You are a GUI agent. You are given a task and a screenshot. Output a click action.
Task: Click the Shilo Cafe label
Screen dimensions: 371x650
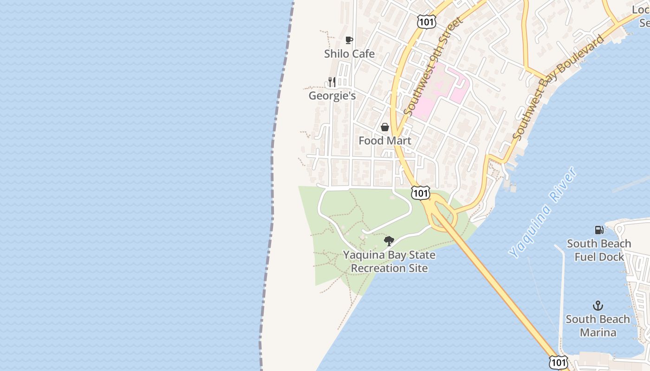pos(349,54)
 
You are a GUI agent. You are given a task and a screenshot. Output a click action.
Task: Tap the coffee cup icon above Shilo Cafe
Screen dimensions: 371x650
pos(349,40)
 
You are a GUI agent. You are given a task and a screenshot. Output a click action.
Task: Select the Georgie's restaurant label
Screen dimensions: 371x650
pos(332,96)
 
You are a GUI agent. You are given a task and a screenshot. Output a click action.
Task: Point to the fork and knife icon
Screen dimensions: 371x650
pos(331,82)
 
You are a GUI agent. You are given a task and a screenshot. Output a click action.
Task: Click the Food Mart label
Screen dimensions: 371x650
pos(385,141)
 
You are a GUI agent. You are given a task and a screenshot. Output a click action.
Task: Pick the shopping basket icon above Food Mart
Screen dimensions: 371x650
pos(385,127)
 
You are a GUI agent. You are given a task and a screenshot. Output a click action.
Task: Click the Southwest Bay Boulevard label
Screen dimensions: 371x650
pos(559,87)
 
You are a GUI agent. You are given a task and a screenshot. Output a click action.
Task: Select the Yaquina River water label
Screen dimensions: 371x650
pos(543,212)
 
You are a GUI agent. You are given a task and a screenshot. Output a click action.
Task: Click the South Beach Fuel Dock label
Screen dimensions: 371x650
pos(598,250)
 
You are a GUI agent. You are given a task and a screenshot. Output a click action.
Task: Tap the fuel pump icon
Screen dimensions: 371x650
pos(599,230)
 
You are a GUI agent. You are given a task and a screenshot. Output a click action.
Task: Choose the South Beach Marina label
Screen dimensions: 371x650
pos(598,326)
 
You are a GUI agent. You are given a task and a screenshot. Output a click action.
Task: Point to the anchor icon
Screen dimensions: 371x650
pos(598,306)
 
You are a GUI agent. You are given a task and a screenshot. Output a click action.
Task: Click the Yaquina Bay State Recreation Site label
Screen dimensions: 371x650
pos(389,262)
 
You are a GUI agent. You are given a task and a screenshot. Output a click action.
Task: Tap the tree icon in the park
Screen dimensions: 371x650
pos(389,241)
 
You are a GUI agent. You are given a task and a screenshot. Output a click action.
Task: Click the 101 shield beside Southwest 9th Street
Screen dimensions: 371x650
pos(426,21)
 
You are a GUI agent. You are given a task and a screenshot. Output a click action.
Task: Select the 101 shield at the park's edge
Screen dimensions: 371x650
pos(420,193)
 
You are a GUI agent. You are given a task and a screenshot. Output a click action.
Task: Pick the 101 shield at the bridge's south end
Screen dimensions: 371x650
pos(558,362)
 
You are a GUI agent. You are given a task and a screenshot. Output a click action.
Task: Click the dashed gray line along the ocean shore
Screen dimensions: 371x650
pos(272,185)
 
